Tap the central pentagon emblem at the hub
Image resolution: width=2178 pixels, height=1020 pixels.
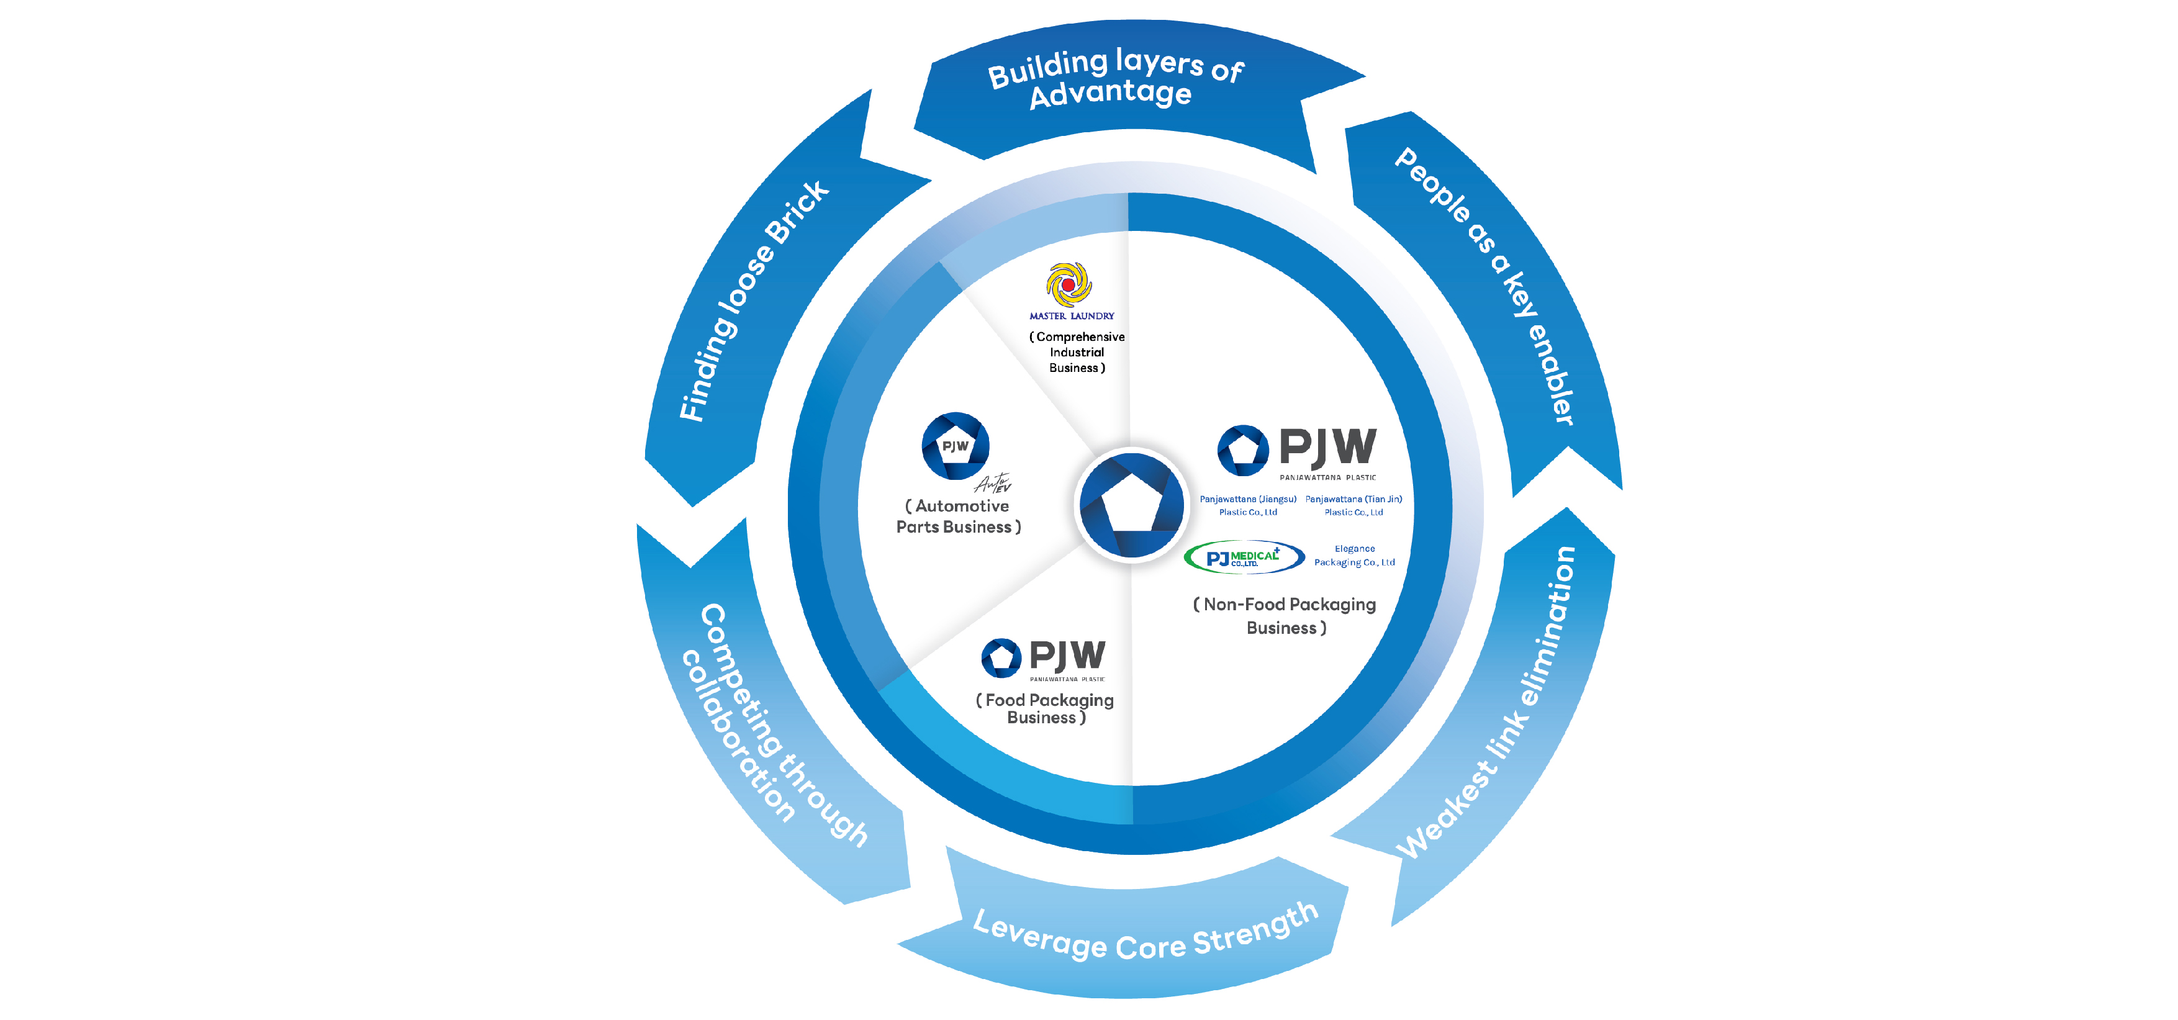point(1131,505)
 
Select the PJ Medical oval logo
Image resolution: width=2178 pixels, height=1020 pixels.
point(1244,557)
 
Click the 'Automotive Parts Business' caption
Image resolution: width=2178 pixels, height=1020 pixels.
point(958,517)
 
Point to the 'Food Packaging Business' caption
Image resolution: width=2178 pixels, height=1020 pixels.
point(1045,709)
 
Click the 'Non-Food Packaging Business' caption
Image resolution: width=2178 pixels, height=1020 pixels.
point(1285,616)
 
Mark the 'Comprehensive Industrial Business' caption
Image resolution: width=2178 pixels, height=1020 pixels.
point(1077,352)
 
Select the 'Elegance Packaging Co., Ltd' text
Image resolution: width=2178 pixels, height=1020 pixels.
point(1355,556)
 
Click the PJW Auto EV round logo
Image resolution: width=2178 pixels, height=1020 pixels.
point(956,446)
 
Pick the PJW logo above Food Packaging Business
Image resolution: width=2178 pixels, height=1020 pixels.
point(1043,658)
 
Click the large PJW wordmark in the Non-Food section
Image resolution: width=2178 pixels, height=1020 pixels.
point(1327,448)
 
